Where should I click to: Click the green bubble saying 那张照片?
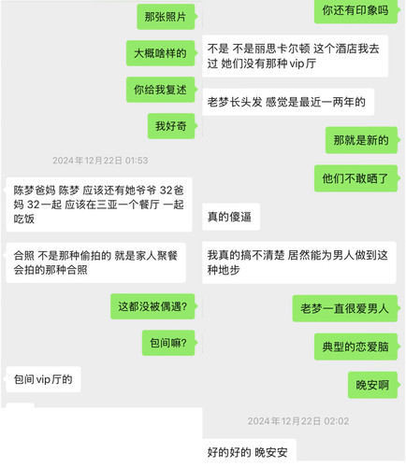[166, 17]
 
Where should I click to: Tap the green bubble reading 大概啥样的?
[161, 53]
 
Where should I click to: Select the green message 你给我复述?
[161, 90]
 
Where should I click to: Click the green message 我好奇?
[171, 126]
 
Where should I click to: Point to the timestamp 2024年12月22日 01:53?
[100, 161]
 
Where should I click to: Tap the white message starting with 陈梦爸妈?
[99, 205]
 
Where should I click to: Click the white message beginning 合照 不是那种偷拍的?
[95, 262]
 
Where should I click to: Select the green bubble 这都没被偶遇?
[152, 306]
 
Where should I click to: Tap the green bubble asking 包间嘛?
[168, 343]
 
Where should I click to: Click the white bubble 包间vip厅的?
[43, 379]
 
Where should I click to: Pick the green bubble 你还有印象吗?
[355, 11]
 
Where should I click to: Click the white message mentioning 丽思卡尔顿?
[295, 56]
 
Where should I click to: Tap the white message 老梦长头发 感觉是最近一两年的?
[288, 102]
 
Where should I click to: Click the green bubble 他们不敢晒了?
[355, 178]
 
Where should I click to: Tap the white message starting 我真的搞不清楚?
[299, 262]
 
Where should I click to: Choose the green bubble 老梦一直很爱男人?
[345, 308]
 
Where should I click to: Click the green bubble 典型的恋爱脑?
[355, 347]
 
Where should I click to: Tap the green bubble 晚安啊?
[372, 385]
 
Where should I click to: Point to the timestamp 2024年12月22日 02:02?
[298, 421]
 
